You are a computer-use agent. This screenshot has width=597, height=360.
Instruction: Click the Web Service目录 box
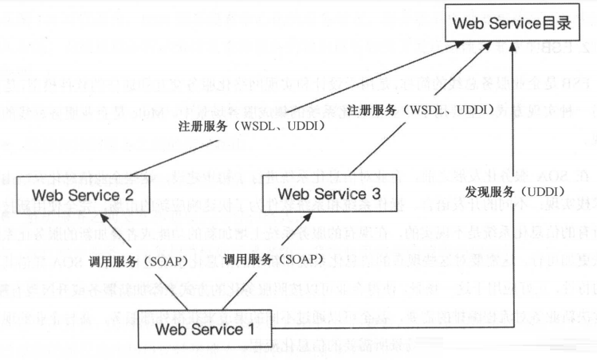point(516,25)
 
